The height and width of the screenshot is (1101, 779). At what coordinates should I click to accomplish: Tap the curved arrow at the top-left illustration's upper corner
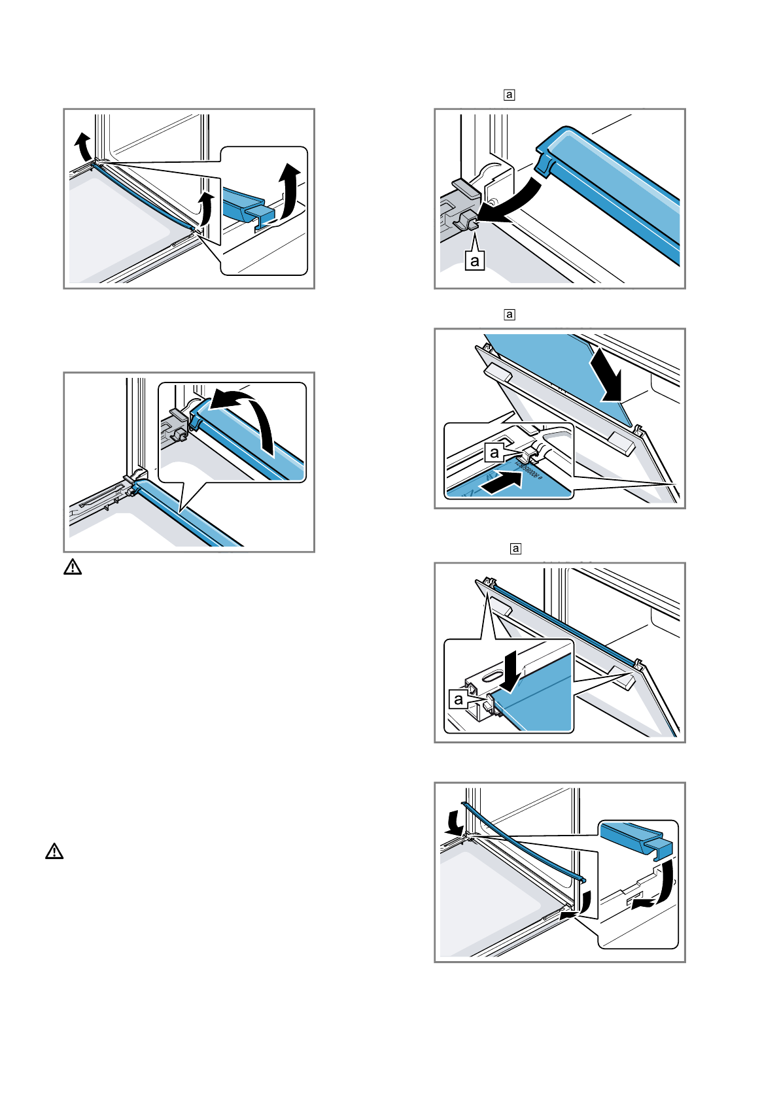pos(82,144)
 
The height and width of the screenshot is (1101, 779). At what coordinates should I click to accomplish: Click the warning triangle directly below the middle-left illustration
pos(73,567)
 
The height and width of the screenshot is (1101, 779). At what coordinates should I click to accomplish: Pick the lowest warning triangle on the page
pos(54,851)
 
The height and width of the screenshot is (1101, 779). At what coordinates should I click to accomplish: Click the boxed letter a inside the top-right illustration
pos(475,261)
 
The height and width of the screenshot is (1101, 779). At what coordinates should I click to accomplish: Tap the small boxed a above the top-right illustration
pos(510,95)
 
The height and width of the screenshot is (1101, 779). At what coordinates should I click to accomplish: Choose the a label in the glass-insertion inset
pos(494,452)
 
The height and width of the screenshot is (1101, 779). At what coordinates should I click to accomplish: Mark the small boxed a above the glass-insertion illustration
pos(510,314)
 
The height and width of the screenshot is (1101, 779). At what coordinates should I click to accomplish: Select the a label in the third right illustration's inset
pos(459,699)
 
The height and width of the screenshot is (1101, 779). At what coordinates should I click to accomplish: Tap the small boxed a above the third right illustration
pos(515,549)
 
